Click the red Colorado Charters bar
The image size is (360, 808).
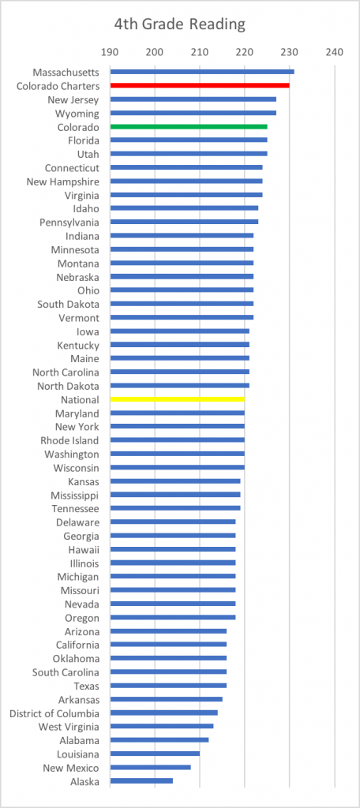click(200, 85)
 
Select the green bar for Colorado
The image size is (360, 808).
click(189, 126)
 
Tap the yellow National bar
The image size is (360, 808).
click(178, 399)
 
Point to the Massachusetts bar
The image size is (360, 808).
click(202, 72)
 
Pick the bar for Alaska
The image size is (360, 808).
click(142, 781)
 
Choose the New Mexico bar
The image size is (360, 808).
click(151, 768)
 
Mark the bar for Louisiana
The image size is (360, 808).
click(156, 754)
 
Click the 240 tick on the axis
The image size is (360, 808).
click(335, 52)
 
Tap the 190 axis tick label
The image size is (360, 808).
click(109, 52)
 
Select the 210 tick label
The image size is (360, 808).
click(200, 52)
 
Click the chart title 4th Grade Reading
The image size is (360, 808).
click(180, 24)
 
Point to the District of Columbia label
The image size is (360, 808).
click(54, 713)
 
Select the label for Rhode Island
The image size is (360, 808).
click(70, 440)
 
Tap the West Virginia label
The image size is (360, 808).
click(69, 727)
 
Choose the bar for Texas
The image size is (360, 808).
click(169, 686)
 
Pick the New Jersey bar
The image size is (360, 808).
click(193, 99)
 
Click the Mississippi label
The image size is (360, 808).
click(75, 496)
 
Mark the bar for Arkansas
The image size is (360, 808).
click(167, 699)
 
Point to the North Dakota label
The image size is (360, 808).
click(69, 386)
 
